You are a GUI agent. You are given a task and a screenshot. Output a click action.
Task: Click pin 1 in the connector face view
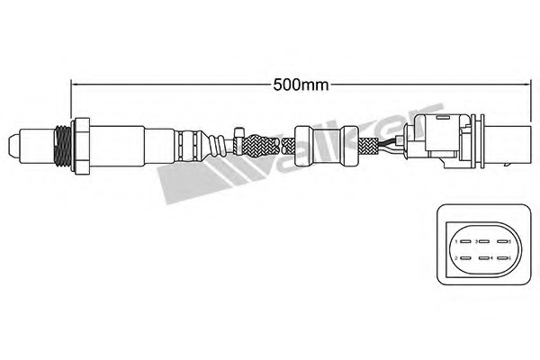coord(465,241)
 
